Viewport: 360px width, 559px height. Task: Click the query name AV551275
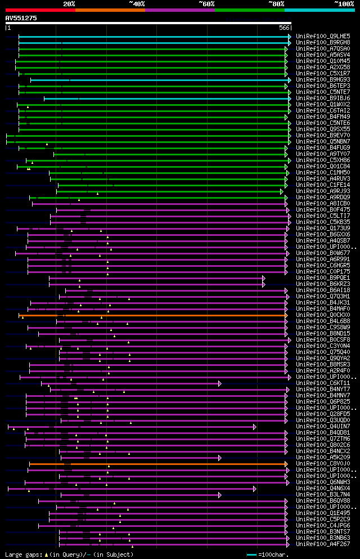coord(21,18)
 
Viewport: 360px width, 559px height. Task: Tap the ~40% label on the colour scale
coord(137,4)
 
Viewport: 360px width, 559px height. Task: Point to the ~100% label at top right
coord(344,4)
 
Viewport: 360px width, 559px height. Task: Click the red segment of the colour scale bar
coord(40,10)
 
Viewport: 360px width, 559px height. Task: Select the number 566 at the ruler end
coord(284,28)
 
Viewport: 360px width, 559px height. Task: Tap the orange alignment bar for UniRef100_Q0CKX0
coord(152,315)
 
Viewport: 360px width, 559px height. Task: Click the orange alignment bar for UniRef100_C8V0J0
coord(157,464)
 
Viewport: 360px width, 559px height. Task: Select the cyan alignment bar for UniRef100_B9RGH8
coord(152,43)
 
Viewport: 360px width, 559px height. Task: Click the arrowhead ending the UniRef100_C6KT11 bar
coord(220,383)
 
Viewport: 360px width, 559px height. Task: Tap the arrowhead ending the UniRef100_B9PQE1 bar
coord(263,278)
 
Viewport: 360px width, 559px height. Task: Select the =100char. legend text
coord(273,554)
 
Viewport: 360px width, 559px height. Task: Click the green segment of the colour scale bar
coord(249,10)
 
